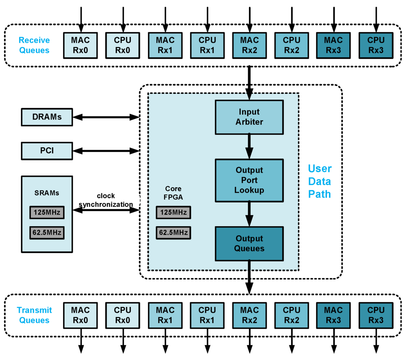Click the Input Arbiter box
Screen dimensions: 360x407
coord(249,117)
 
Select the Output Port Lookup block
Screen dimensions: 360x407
coord(249,180)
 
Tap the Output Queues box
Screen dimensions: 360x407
coord(249,243)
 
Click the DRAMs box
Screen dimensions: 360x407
coord(47,117)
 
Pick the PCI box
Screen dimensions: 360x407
coord(47,151)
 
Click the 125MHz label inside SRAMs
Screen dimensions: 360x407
coord(47,213)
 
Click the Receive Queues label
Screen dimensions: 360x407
coord(34,45)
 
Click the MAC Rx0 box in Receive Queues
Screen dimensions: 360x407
coord(81,45)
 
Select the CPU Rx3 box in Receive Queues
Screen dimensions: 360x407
coord(376,45)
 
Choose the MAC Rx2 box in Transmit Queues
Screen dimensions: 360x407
coord(249,315)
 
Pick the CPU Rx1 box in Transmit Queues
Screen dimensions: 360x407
coord(207,315)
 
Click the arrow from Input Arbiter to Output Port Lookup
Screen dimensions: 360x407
coord(249,146)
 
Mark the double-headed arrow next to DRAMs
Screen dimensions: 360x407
coord(106,117)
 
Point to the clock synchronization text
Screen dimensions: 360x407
coord(106,200)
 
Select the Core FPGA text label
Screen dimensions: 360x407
coord(173,193)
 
